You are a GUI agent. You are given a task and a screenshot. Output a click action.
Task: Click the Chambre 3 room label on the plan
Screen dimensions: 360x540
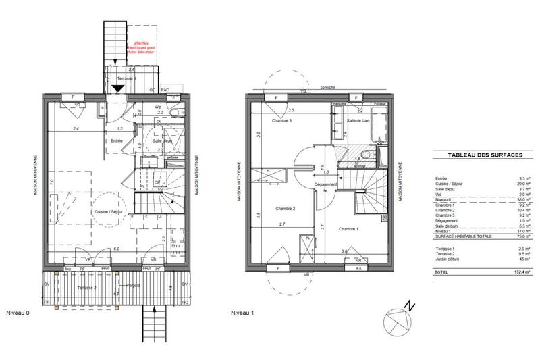[x=281, y=121]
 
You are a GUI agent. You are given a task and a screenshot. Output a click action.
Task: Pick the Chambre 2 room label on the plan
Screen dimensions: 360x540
[x=275, y=209]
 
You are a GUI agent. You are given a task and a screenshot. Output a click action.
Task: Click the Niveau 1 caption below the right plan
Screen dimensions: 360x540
[x=242, y=313]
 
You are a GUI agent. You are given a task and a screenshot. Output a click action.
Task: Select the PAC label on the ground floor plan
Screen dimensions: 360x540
[x=164, y=89]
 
